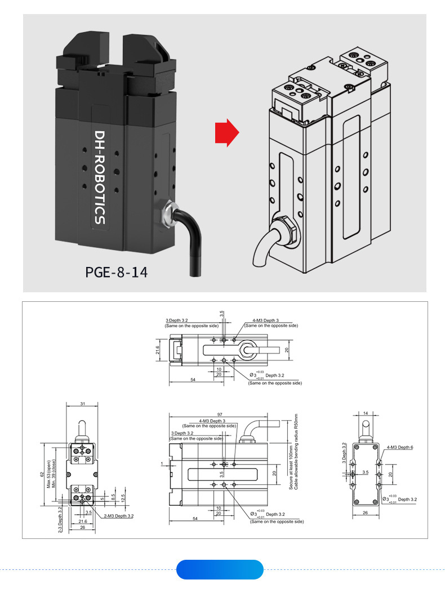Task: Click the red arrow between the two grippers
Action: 226,133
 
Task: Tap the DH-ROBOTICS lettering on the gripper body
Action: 100,177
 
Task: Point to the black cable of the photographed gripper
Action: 191,248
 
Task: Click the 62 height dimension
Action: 42,474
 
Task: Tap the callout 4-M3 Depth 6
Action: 400,447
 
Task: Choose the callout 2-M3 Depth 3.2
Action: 118,515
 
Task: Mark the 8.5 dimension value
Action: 113,498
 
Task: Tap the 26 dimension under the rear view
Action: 365,513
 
